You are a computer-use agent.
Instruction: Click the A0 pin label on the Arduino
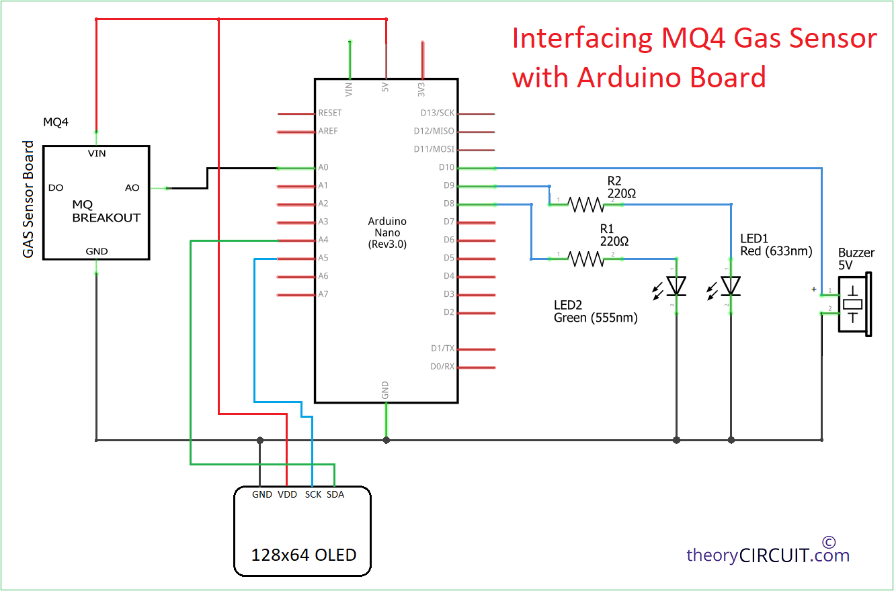[323, 167]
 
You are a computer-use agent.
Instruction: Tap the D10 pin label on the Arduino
[446, 167]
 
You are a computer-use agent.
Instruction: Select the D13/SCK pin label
[438, 113]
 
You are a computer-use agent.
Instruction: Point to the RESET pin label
[330, 113]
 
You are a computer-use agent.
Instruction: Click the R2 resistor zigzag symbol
[586, 205]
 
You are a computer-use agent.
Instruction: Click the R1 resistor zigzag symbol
[586, 259]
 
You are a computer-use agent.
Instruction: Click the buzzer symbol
[854, 305]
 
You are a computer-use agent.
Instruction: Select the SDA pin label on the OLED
[335, 494]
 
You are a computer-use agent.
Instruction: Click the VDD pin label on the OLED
[288, 494]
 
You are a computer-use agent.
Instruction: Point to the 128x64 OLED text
[303, 555]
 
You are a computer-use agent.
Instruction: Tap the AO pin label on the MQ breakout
[132, 188]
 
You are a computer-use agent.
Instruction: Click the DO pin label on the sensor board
[56, 188]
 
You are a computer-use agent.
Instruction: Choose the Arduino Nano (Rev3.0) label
[387, 232]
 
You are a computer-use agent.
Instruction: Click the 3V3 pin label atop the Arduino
[421, 90]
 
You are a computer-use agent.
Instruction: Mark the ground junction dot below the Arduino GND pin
[387, 441]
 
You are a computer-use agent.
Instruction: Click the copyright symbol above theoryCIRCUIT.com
[829, 543]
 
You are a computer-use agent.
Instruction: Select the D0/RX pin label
[442, 367]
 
